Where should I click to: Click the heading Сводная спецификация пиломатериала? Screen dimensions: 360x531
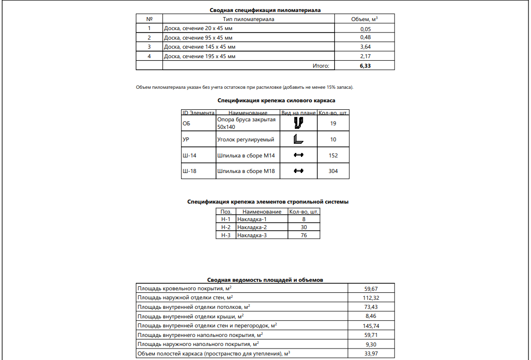265,10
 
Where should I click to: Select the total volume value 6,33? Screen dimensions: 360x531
365,65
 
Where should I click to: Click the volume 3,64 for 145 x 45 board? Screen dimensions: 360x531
365,47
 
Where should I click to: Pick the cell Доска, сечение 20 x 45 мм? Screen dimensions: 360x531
198,29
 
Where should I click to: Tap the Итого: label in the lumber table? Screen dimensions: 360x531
321,65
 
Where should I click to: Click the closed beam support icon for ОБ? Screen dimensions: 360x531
299,123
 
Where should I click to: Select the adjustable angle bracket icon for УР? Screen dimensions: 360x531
299,139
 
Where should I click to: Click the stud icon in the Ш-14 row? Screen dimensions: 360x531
299,155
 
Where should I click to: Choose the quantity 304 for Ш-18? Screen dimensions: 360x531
333,171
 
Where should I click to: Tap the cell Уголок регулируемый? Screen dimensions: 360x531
245,139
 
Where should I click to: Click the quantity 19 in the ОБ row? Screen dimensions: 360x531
333,123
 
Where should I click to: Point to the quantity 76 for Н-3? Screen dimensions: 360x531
304,235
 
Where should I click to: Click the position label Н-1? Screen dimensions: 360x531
226,219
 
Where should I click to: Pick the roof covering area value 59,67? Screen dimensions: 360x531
371,289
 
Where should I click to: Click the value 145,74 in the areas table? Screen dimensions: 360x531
371,325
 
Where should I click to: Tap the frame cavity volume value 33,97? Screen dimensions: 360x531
371,353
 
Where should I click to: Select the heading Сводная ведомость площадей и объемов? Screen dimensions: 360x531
265,279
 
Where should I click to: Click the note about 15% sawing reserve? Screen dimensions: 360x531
245,87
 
